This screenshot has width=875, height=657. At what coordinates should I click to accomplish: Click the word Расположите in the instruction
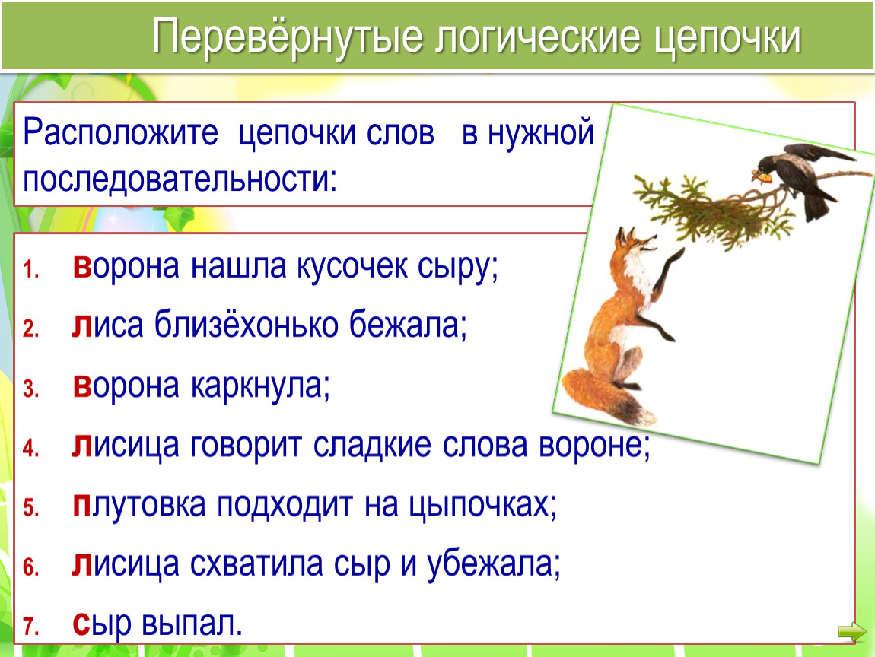[x=120, y=134]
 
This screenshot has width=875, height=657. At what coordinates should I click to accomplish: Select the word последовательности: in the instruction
[x=180, y=179]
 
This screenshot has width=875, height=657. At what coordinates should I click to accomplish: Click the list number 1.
[x=30, y=269]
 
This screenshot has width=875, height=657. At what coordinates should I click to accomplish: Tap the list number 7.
[x=30, y=626]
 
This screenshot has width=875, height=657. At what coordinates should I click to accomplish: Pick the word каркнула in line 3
[x=260, y=386]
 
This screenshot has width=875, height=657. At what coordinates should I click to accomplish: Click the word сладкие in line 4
[x=371, y=446]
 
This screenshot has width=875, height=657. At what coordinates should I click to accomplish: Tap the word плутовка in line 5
[x=139, y=506]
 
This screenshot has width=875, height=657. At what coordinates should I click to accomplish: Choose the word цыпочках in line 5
[x=482, y=506]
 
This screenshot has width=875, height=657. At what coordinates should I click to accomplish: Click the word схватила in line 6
[x=256, y=564]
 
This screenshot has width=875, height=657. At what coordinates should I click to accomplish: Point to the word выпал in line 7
[x=192, y=624]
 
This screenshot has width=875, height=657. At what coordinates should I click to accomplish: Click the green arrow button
[x=851, y=631]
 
